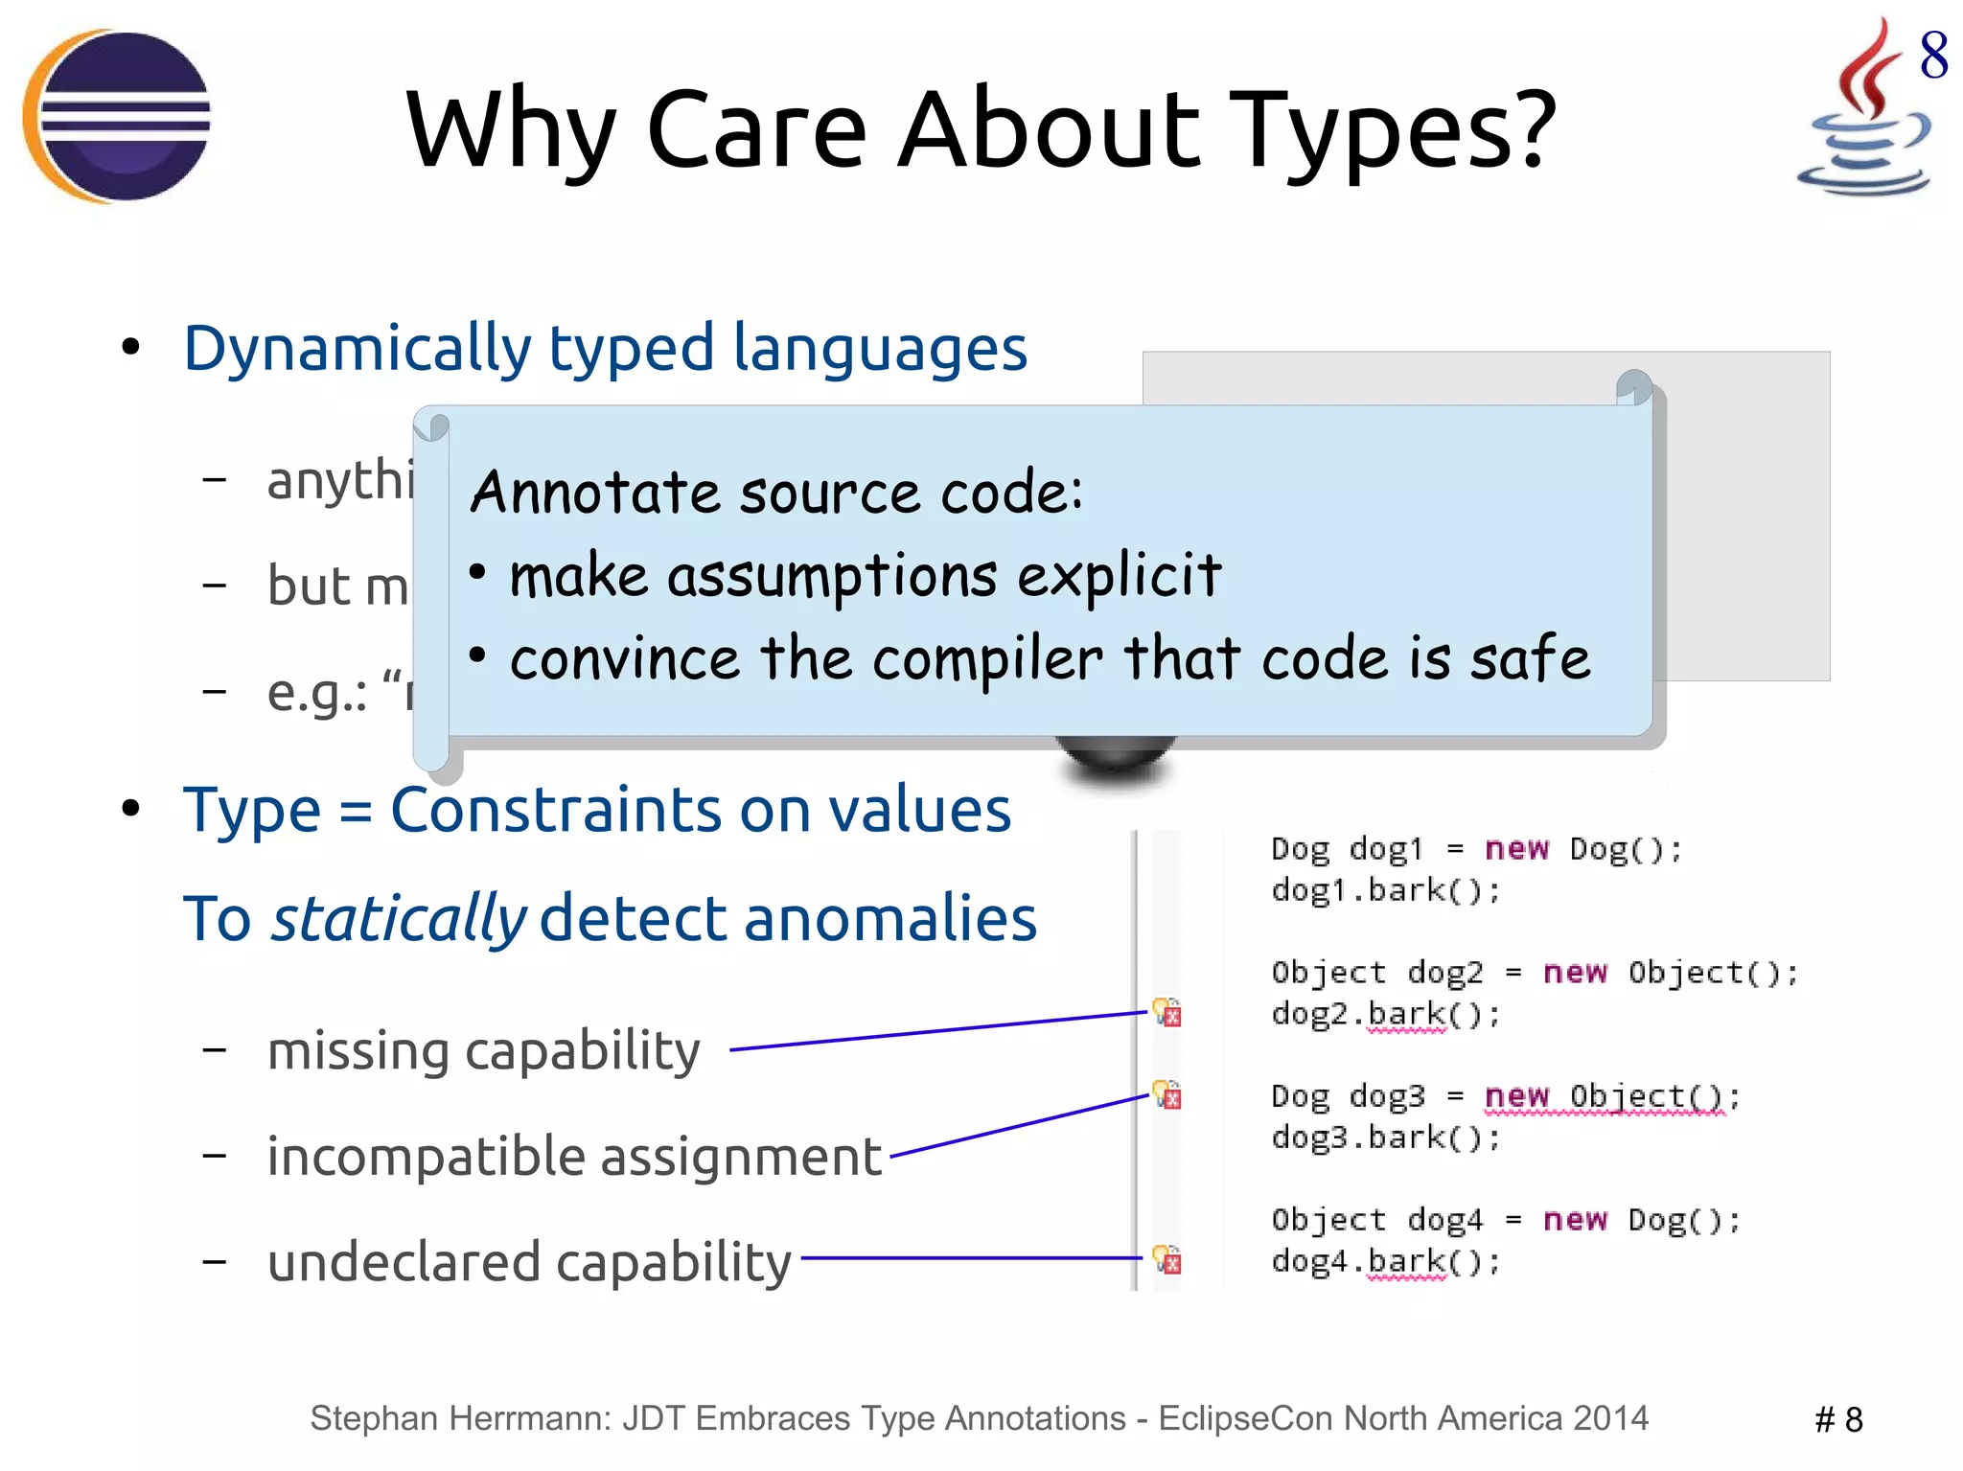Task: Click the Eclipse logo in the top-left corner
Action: [x=117, y=117]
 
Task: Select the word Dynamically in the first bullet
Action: [x=357, y=349]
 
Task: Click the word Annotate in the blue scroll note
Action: [x=595, y=493]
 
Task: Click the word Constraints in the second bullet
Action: [x=554, y=811]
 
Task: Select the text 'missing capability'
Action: [x=483, y=1051]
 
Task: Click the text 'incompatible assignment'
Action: [x=573, y=1157]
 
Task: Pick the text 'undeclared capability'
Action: [x=529, y=1262]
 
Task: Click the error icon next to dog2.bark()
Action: [x=1167, y=1012]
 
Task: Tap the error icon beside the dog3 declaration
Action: [x=1167, y=1094]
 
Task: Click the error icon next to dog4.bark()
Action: [x=1167, y=1259]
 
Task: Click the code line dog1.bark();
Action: [x=1385, y=891]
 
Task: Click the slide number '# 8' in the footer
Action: [x=1837, y=1420]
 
